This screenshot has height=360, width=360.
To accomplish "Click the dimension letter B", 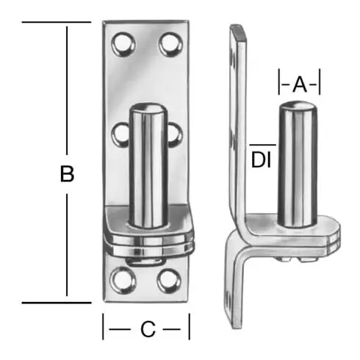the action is point(67,174).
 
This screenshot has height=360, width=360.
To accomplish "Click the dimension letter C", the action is point(148,329).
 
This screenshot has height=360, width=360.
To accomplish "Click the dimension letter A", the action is point(300,84).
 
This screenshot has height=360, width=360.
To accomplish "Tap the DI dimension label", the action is point(261,160).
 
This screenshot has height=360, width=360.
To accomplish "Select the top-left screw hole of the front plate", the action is point(123,45).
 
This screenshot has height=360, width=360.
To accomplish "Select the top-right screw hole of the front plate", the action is point(170,44).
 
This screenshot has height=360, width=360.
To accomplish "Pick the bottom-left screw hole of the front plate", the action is point(123,280).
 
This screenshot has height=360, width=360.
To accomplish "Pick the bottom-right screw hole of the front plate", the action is point(169,281).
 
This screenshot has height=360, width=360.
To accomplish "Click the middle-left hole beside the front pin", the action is point(120,135).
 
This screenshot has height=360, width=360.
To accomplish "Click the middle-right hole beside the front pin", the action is point(175,135).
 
